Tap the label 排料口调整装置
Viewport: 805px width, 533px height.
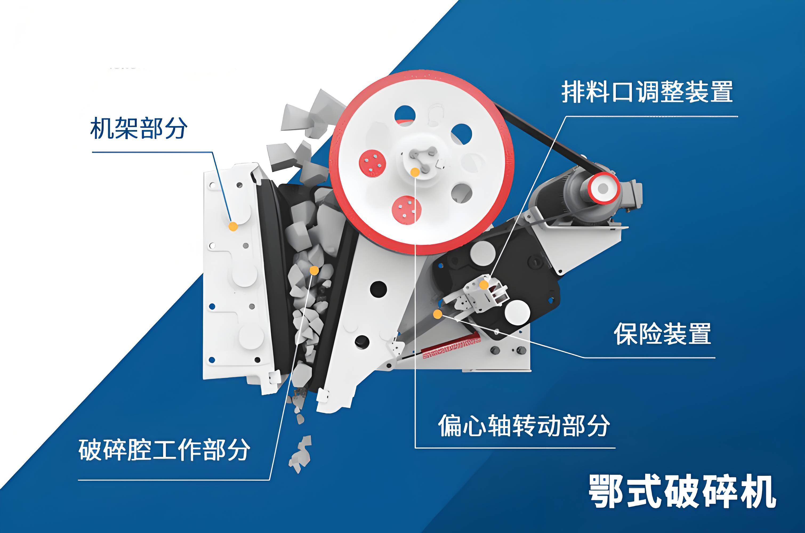point(647,91)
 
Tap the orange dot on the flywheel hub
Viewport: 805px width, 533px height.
point(415,172)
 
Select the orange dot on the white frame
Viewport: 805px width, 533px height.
point(233,226)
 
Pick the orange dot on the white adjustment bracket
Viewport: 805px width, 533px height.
point(484,285)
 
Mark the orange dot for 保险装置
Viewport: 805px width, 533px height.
point(438,314)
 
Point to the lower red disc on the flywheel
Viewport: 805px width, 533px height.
point(406,210)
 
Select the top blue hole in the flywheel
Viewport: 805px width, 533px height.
point(405,115)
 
